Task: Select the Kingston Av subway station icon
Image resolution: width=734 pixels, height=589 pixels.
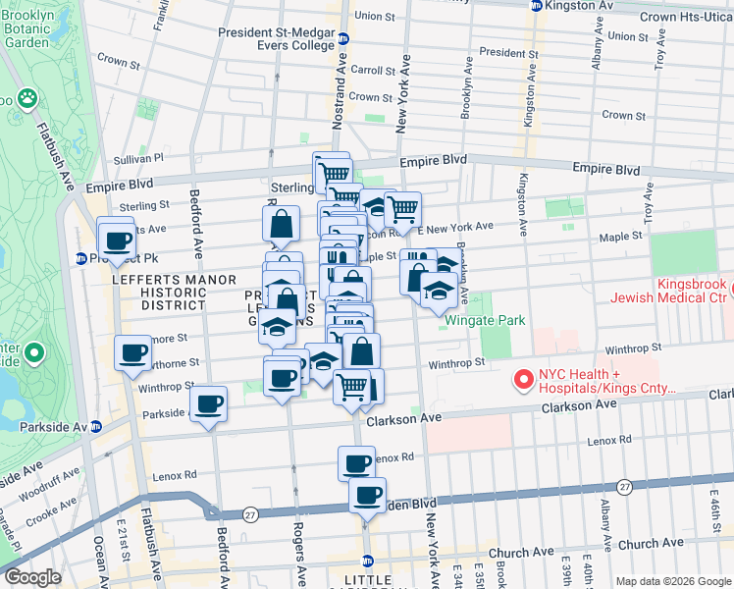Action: click(536, 6)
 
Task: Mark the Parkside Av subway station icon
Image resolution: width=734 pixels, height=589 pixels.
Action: click(96, 427)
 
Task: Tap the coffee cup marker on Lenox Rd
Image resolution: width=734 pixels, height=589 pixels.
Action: click(357, 462)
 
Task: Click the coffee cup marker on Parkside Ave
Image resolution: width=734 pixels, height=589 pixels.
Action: click(208, 403)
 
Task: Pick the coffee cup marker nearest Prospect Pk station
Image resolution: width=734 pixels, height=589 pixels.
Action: click(117, 241)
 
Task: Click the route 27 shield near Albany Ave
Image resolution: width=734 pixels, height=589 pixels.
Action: click(624, 487)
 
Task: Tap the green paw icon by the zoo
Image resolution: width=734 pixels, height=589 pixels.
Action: click(27, 98)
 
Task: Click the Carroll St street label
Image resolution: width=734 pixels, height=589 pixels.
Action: click(372, 71)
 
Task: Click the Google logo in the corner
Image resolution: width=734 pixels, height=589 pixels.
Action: click(32, 577)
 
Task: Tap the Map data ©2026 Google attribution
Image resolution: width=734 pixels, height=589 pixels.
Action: click(672, 581)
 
